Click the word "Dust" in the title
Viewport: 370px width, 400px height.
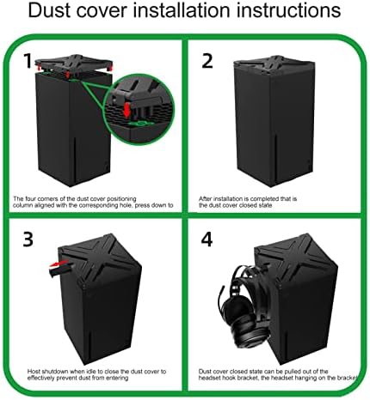click(x=49, y=10)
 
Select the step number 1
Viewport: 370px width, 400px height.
click(x=28, y=61)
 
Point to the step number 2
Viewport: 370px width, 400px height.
click(x=207, y=61)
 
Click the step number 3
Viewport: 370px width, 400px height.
click(x=28, y=239)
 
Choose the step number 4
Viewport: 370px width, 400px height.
click(x=207, y=239)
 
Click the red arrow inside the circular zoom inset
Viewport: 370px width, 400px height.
click(x=126, y=110)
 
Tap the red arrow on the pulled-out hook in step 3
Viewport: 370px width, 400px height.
click(x=59, y=264)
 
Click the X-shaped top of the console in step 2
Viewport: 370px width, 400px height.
click(x=274, y=65)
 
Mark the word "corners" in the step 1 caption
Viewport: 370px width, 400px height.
click(x=48, y=198)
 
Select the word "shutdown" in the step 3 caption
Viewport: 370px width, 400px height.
click(x=56, y=372)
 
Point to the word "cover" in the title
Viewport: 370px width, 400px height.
click(x=102, y=11)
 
